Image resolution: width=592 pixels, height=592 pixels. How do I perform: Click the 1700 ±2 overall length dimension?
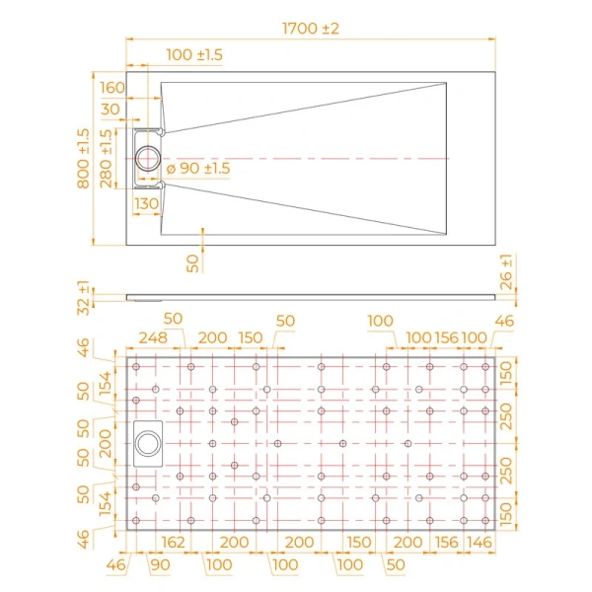tap(309, 30)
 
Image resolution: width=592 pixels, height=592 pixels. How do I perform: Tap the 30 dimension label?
tap(110, 110)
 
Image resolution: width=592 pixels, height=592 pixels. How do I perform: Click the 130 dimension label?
tap(146, 204)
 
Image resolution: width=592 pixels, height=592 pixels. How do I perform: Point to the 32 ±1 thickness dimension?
tap(83, 297)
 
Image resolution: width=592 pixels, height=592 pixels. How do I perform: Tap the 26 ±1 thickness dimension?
tap(506, 271)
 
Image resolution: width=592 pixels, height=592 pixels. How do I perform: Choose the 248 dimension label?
tap(152, 337)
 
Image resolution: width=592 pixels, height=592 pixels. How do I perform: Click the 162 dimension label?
tap(172, 541)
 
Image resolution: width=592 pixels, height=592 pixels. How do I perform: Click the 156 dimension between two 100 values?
tap(447, 337)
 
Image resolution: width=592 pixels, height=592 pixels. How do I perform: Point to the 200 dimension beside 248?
tap(211, 337)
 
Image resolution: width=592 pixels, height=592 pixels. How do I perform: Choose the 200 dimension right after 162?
tap(234, 541)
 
